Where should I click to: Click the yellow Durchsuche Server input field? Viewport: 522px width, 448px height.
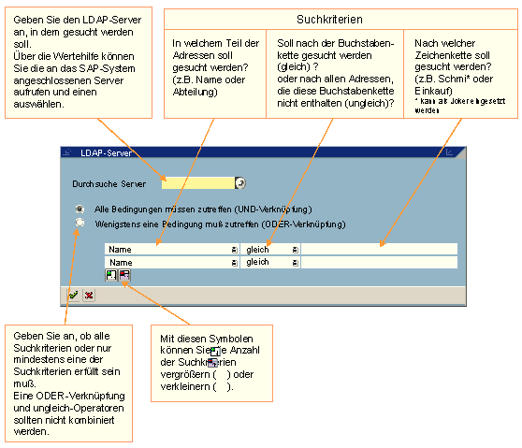[x=197, y=183]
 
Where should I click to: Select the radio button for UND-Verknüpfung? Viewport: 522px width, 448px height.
[x=80, y=209]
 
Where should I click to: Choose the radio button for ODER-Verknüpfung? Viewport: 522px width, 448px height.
[x=80, y=224]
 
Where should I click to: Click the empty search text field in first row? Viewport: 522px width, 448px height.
[x=379, y=250]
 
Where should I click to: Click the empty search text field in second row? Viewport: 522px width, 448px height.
[x=379, y=264]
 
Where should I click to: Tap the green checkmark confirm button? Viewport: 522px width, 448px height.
[x=73, y=295]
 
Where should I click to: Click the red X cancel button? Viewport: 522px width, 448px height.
[x=89, y=295]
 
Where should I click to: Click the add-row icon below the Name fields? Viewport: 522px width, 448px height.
[x=111, y=276]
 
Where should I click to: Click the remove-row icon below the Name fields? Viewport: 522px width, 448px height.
[x=124, y=276]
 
